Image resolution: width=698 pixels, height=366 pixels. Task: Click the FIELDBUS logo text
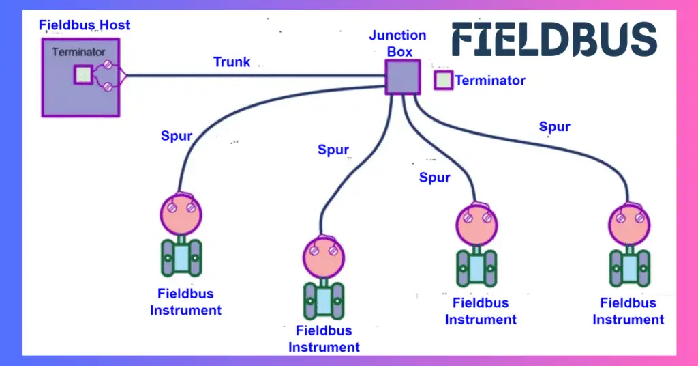coord(554,39)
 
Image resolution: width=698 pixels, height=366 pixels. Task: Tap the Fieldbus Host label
coord(85,26)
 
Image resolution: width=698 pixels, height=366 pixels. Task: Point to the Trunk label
coord(232,62)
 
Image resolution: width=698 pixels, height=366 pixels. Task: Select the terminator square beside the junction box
coord(443,81)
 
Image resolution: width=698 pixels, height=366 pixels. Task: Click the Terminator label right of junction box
coord(490,81)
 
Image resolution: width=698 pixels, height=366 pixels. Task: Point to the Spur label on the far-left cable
coord(177,136)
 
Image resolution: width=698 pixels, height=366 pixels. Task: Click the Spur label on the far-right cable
coord(555,127)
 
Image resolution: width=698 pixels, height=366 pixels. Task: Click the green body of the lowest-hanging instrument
coord(324,298)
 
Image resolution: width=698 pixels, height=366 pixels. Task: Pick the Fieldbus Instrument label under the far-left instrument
coord(186,302)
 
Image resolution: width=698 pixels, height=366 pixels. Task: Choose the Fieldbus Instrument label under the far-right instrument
coord(628,311)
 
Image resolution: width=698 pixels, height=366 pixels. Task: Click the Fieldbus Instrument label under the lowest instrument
coord(324,339)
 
